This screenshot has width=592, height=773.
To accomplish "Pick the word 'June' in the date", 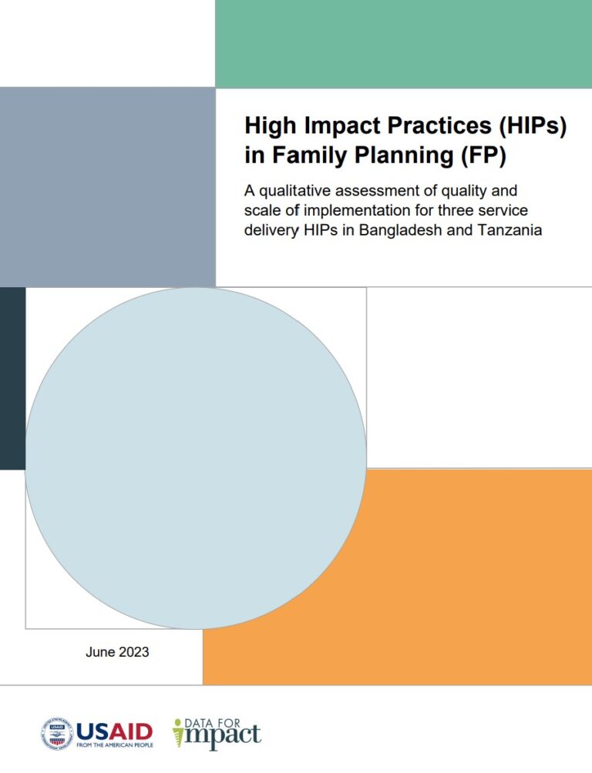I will pyautogui.click(x=100, y=653).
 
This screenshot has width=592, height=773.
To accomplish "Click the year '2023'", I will pyautogui.click(x=133, y=653).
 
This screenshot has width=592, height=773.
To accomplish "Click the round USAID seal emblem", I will pyautogui.click(x=56, y=733).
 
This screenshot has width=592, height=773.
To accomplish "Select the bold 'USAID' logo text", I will pyautogui.click(x=114, y=730).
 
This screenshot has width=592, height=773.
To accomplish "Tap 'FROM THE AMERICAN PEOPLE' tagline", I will pyautogui.click(x=114, y=745).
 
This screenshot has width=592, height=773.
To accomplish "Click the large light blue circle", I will pyautogui.click(x=196, y=458).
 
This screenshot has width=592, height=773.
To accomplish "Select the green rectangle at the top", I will pyautogui.click(x=403, y=44).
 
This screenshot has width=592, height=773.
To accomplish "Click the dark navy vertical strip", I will pyautogui.click(x=12, y=378).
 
